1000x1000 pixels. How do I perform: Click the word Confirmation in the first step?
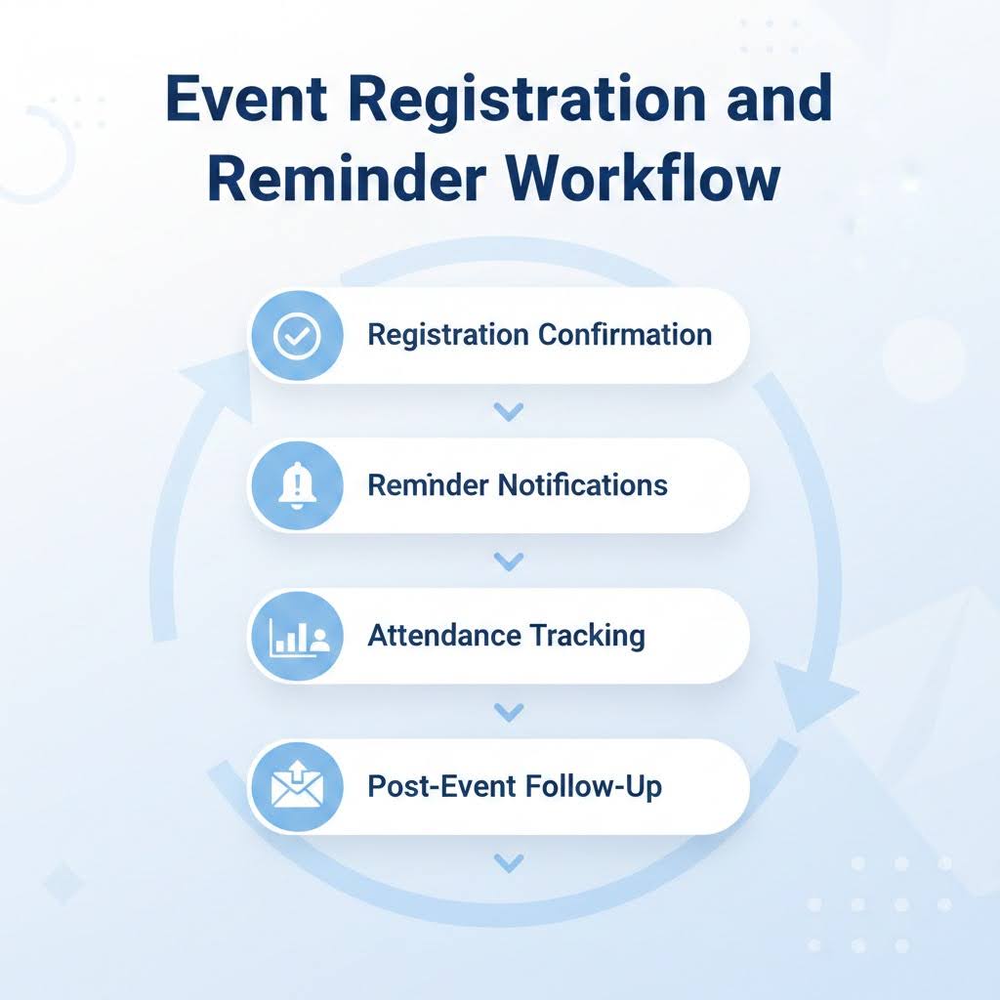625,335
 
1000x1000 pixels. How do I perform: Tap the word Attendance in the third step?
444,637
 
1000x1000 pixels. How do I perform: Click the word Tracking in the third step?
588,637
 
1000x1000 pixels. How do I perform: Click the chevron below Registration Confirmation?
507,412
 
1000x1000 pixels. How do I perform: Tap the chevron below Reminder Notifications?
507,562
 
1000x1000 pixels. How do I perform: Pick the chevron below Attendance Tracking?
507,713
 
